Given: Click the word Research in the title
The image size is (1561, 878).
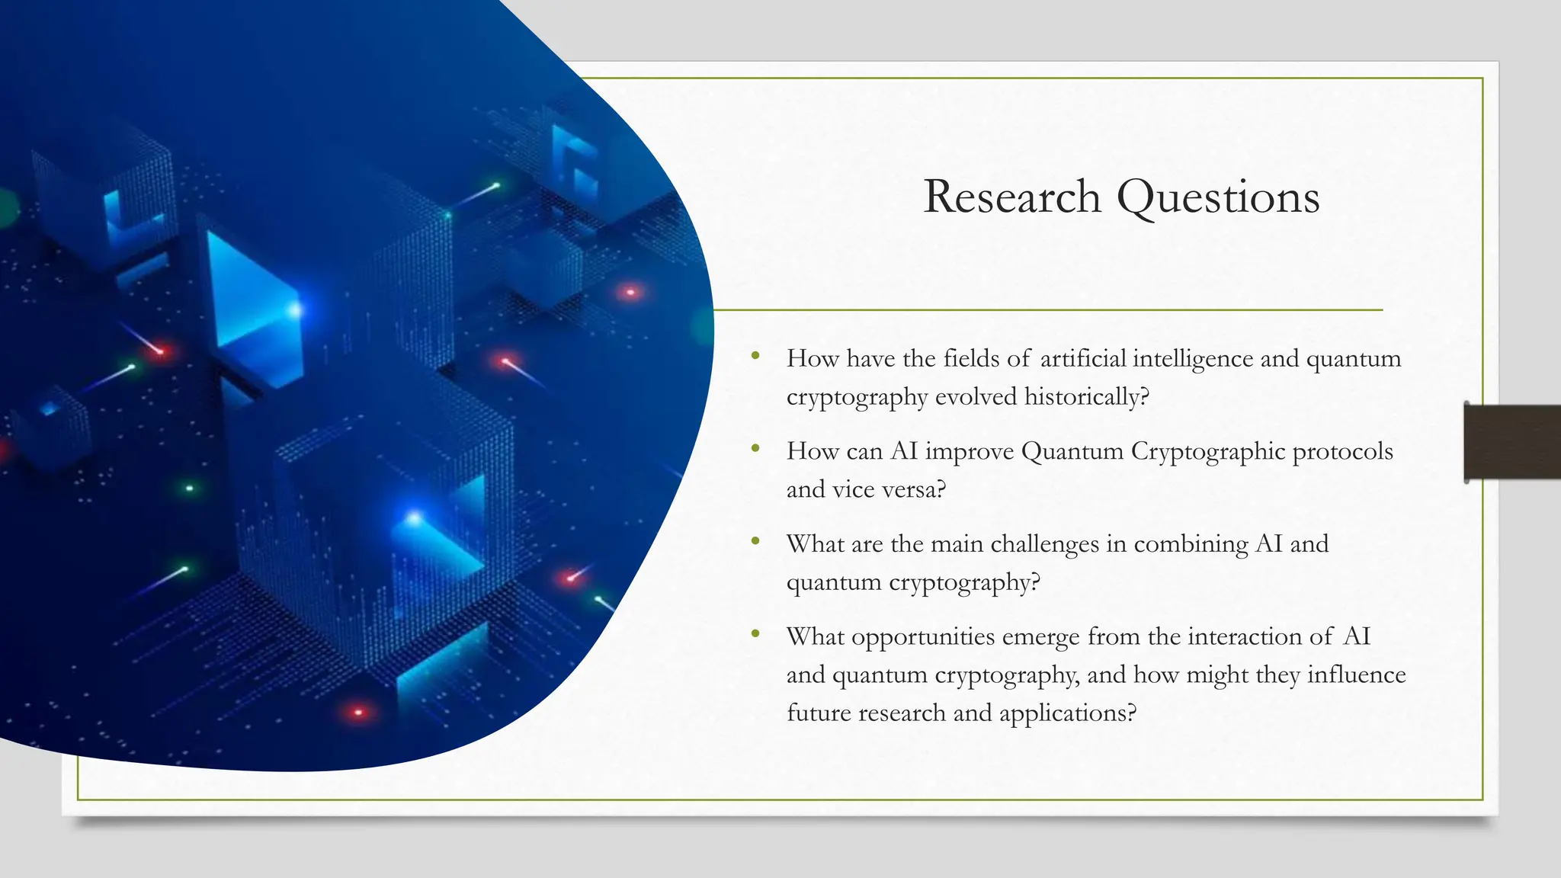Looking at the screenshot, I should coord(1011,197).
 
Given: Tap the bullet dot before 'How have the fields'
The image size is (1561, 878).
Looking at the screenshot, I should coord(755,355).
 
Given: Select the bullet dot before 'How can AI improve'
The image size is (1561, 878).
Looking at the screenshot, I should coord(755,448).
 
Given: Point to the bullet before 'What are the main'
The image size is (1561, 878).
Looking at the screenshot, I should coord(755,541).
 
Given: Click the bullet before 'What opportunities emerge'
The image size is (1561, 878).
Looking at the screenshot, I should coord(755,633).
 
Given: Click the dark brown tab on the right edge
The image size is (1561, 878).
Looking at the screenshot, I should coord(1511,442).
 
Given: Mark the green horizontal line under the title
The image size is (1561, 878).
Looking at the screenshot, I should coord(1048,310).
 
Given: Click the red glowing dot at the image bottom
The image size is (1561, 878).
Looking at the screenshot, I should coord(358,713).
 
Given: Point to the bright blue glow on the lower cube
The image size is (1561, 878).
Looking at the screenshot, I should coord(414,519).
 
